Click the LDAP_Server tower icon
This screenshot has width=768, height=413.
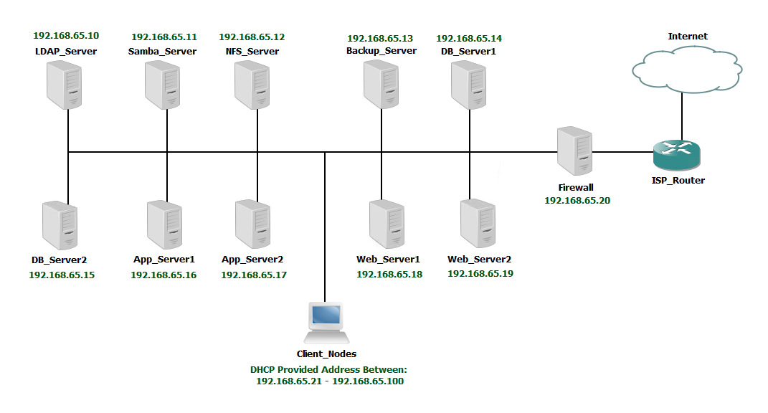[64, 85]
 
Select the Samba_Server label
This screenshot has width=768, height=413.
[162, 52]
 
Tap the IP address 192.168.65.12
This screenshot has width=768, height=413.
[252, 37]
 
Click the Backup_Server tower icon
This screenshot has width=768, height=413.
[381, 85]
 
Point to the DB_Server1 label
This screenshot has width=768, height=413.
[468, 52]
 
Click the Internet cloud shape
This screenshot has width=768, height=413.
[687, 69]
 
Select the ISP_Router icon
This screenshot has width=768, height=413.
[676, 154]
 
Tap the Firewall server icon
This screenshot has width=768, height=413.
[574, 151]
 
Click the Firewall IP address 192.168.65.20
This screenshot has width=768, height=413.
[577, 200]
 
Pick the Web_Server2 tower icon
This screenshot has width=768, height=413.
[478, 224]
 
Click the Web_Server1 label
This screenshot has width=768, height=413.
[389, 259]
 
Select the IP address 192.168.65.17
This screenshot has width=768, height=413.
[254, 275]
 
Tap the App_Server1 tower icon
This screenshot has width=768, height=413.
[165, 224]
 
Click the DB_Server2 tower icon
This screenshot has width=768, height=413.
[60, 225]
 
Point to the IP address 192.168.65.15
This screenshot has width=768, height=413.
[62, 275]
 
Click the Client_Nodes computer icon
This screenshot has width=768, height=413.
[327, 323]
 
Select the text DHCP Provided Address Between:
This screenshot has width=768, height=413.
[328, 369]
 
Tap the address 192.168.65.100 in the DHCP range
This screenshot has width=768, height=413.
[368, 381]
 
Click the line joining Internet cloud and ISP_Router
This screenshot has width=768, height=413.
[682, 116]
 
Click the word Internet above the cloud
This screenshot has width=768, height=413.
[688, 37]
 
